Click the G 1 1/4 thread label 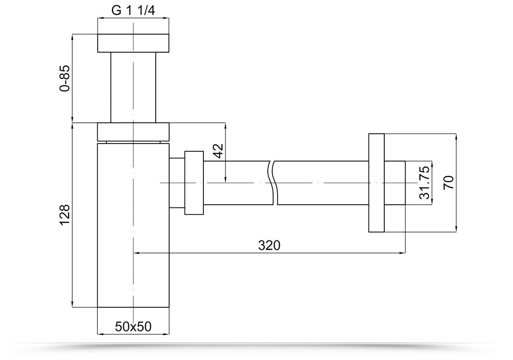[x=133, y=11]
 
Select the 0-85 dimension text [x=66, y=78]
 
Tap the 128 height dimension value [x=66, y=215]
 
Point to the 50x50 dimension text [x=133, y=327]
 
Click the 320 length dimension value [x=269, y=246]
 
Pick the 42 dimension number [x=218, y=151]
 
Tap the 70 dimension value [x=449, y=182]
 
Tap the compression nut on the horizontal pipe [x=193, y=182]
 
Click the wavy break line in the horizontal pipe [x=273, y=182]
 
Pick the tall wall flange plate [x=376, y=182]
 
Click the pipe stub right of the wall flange [x=395, y=182]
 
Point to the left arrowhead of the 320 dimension [x=137, y=253]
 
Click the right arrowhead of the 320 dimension [x=403, y=253]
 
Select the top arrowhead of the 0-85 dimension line [x=72, y=36]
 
